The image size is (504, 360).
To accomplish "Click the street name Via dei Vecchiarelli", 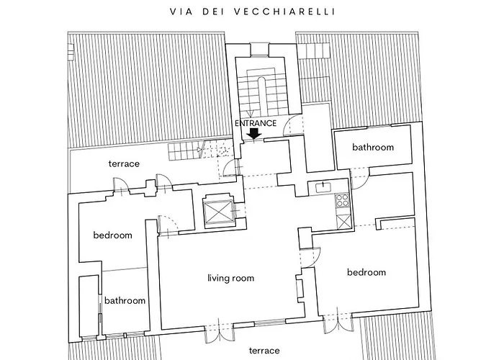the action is [253, 12].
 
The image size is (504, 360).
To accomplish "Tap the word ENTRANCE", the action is [256, 123].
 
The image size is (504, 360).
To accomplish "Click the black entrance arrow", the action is [255, 134].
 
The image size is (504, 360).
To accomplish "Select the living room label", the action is [231, 278].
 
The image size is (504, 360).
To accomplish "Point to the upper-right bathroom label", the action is [373, 147].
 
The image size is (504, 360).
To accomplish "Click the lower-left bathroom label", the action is [125, 300].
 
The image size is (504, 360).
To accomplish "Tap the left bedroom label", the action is [112, 235].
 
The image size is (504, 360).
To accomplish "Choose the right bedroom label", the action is [366, 272].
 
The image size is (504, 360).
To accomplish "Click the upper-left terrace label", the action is [124, 163].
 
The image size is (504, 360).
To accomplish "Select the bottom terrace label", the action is [264, 351].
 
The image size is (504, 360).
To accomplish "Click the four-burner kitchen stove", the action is [342, 200].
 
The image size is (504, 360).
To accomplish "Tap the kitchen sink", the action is [322, 187].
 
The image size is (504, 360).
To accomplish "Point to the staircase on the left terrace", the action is [200, 150].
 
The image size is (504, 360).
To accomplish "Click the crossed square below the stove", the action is [343, 222].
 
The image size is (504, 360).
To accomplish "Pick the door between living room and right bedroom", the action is [310, 257].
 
